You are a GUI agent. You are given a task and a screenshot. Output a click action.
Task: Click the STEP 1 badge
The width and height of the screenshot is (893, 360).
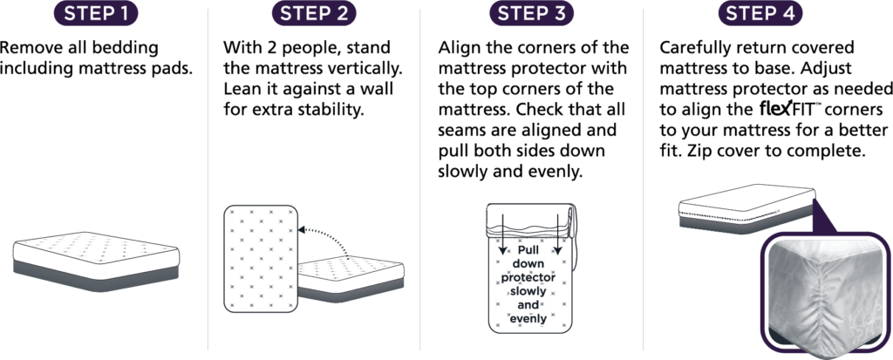point(96,14)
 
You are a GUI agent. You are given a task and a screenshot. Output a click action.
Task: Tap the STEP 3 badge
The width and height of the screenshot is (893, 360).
point(531,14)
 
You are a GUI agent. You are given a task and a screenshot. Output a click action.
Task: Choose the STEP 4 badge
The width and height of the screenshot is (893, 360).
point(760,14)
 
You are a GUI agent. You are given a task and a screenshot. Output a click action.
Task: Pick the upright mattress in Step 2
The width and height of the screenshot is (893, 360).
point(261,259)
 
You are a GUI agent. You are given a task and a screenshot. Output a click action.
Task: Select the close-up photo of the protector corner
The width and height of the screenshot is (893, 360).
point(823,292)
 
